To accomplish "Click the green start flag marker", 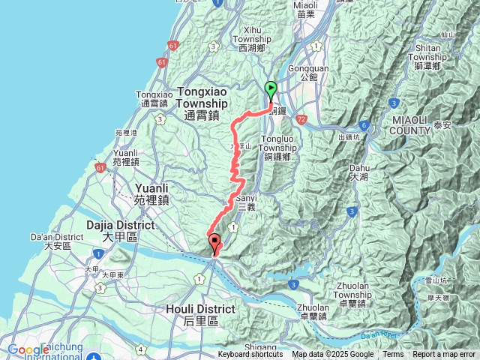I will pos(271,90).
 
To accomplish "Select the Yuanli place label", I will pos(153,194).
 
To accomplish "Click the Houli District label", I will pos(199,314).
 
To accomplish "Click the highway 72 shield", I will pos(301,119).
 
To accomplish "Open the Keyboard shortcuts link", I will pos(250,355).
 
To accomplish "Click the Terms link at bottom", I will pos(393,355).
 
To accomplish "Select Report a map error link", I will pos(444,355).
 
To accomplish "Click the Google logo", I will pos(28,350).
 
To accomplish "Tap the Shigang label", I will pos(260,348).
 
